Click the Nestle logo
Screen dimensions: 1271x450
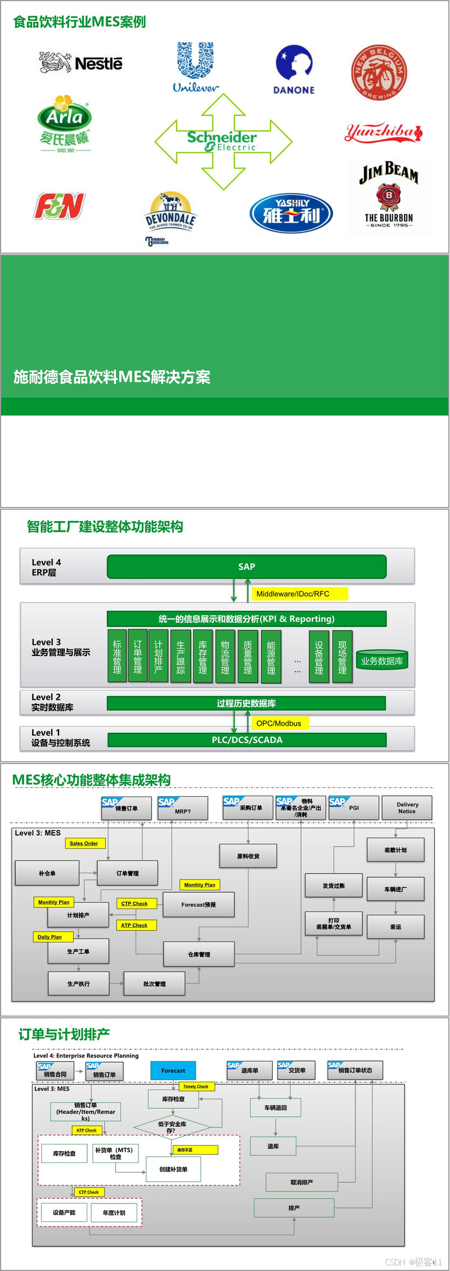[x=81, y=62]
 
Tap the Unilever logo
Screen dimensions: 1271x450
[x=195, y=67]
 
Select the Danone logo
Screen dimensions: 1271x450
[x=294, y=70]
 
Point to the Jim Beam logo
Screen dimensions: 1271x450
[x=389, y=195]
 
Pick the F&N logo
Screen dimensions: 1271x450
[x=60, y=206]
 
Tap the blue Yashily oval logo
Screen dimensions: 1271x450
[x=291, y=213]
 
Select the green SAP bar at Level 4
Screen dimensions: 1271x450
[x=246, y=567]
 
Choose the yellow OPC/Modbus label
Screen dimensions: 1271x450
[x=279, y=723]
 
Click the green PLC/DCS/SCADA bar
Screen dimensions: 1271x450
[x=247, y=740]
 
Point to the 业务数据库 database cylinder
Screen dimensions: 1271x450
[x=382, y=661]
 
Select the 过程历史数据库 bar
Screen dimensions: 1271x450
[x=246, y=703]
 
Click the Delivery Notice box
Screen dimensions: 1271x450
[x=407, y=808]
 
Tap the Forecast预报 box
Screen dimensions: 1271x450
[x=199, y=905]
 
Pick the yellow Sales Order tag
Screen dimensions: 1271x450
[x=84, y=843]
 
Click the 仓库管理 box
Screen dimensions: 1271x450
[x=199, y=954]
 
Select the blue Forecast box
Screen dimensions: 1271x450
[x=173, y=1071]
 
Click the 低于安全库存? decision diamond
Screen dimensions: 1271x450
[x=172, y=1127]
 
